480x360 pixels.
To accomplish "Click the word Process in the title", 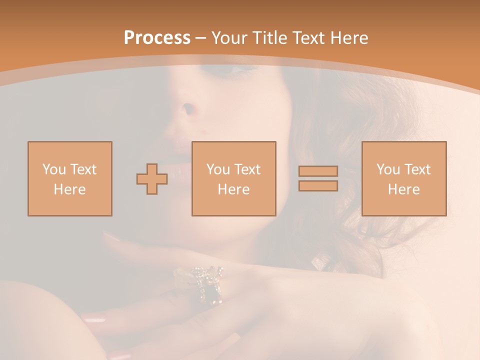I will [x=157, y=38].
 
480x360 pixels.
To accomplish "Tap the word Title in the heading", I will [x=268, y=38].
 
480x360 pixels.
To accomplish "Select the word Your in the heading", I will [x=229, y=38].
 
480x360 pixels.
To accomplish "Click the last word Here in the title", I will [x=348, y=38].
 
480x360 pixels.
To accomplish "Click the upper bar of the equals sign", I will [x=318, y=171].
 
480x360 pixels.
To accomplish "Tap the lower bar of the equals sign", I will [x=318, y=186].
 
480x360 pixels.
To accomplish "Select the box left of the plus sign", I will [x=70, y=178].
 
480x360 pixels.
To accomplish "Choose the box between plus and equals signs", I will [x=234, y=178].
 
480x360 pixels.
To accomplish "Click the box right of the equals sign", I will [x=404, y=178].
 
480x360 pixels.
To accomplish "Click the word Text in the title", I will [x=308, y=38].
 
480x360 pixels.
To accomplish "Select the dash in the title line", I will [x=200, y=38].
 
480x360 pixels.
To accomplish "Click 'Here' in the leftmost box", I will [x=70, y=189].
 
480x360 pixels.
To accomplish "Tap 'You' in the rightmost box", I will [x=388, y=169].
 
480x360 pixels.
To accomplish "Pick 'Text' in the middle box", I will [x=247, y=169].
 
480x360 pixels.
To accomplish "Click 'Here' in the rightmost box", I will [x=404, y=189].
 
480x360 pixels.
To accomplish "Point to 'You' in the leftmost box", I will [x=54, y=169].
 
